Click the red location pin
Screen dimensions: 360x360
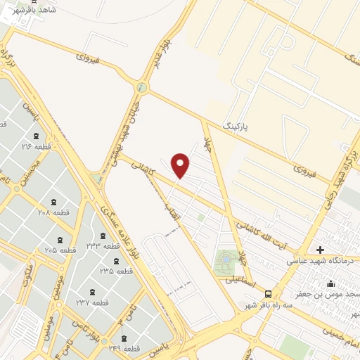pos(181,165)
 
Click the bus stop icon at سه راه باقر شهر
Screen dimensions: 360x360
pos(268,294)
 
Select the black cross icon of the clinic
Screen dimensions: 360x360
pos(321,250)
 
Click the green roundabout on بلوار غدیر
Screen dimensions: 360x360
pos(143,87)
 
